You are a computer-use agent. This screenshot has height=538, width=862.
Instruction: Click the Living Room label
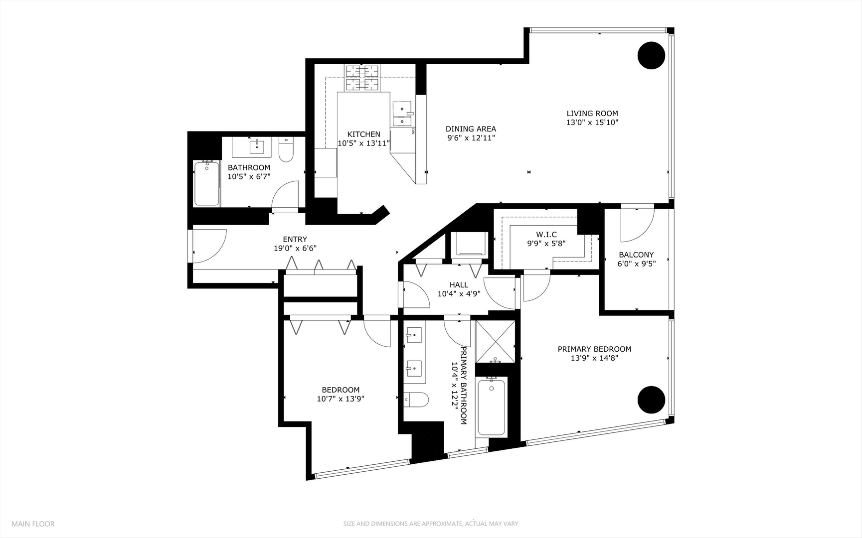[x=592, y=114]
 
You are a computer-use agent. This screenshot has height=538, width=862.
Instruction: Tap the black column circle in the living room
[x=651, y=55]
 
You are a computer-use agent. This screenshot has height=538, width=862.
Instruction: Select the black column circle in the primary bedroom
[x=651, y=400]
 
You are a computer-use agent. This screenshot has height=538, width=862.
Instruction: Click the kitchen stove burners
[x=362, y=79]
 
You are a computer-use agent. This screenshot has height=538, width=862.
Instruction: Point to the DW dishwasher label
[x=413, y=131]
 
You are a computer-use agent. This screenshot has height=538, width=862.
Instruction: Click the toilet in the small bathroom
[x=286, y=150]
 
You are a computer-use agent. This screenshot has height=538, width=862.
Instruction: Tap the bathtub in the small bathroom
[x=206, y=183]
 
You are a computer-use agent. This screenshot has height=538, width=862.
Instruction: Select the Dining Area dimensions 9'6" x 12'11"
[x=471, y=138]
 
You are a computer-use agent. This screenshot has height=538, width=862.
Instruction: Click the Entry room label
[x=295, y=240]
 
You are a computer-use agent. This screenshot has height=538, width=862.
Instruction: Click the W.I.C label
[x=546, y=235]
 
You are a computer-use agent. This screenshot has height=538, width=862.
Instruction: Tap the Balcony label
[x=636, y=255]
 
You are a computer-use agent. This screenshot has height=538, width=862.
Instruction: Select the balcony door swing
[x=637, y=224]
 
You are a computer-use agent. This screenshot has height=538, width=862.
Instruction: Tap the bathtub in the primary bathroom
[x=491, y=406]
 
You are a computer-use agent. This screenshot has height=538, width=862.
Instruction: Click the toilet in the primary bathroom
[x=416, y=399]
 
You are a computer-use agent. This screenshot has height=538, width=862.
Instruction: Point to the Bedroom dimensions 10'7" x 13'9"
[x=341, y=399]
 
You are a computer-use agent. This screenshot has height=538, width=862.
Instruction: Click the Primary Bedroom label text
[x=594, y=349]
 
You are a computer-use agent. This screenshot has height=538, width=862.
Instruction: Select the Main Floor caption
[x=33, y=524]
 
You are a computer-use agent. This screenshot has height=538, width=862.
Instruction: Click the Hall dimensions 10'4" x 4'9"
[x=459, y=294]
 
